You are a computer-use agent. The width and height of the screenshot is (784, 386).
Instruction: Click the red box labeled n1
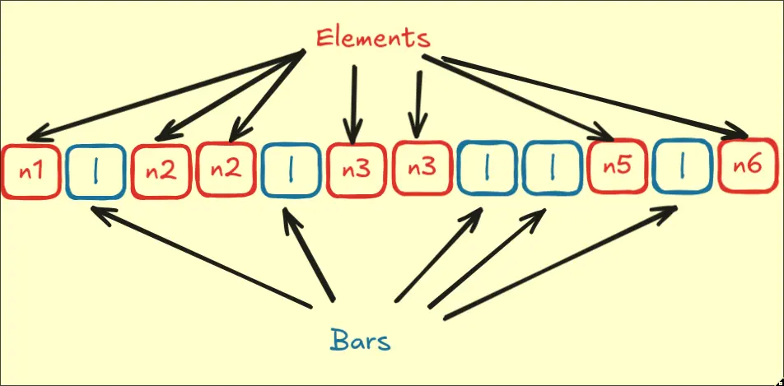tap(31, 172)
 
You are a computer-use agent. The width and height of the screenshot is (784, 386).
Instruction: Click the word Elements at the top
tap(373, 38)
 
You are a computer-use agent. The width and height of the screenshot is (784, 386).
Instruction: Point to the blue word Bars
tap(360, 340)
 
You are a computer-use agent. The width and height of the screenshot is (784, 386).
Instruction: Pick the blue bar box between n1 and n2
tap(96, 172)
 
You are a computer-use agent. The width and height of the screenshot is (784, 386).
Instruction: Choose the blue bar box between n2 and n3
tap(292, 172)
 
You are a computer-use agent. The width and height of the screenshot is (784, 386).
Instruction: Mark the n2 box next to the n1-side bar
tap(161, 172)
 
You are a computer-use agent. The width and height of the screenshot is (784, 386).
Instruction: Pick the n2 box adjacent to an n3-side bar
tap(226, 170)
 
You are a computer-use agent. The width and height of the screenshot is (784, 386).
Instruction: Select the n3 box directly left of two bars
tap(422, 170)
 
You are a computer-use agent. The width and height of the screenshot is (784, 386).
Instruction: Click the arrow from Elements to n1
tap(165, 95)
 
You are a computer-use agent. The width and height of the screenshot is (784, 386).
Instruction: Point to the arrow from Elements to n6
tap(593, 94)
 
